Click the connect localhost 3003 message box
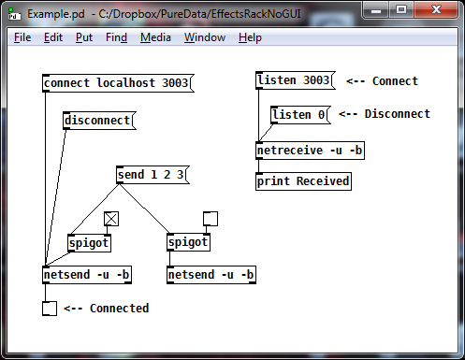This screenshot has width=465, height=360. [x=116, y=83]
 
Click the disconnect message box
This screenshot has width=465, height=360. [x=98, y=121]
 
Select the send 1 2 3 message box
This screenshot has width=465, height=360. [x=151, y=175]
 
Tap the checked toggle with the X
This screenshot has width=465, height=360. [x=111, y=219]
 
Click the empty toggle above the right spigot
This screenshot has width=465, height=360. [x=211, y=219]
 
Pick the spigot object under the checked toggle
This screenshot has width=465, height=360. [x=89, y=243]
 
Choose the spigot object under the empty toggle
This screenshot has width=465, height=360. [x=188, y=243]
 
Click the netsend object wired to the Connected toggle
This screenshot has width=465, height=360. [x=87, y=275]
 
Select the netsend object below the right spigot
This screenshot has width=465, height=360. [x=211, y=275]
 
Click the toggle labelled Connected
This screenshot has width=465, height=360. [x=50, y=309]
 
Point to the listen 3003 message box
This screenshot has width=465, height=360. [x=294, y=81]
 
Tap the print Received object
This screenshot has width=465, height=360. [x=303, y=181]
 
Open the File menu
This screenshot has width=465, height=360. [x=22, y=37]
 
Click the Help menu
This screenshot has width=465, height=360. [x=250, y=37]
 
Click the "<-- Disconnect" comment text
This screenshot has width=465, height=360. [x=385, y=115]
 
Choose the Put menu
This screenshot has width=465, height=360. [x=84, y=37]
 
